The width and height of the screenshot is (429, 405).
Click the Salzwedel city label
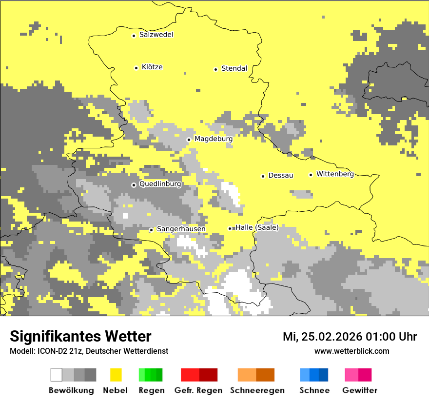point(156,35)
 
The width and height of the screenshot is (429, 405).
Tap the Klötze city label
point(152,67)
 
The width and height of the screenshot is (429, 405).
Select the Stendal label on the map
point(234,68)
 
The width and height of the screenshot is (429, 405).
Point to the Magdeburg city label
point(214,139)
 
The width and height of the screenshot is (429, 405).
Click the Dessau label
point(281,175)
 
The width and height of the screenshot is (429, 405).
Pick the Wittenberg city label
point(335,174)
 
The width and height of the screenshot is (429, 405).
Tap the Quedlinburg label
point(160,184)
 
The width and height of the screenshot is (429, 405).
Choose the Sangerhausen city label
point(181,229)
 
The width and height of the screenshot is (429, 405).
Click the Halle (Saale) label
point(257,227)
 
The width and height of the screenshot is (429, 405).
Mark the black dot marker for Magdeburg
point(189,140)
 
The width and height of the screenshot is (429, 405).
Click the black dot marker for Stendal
point(215,69)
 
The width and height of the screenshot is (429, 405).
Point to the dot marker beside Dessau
point(263,176)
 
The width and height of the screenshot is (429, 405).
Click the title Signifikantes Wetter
point(80,336)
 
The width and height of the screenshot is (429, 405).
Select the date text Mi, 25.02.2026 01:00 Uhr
point(350,337)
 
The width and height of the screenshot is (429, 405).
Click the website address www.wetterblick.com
point(351,351)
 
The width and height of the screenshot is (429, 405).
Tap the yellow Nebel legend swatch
point(116,375)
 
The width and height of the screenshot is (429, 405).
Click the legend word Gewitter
point(359,390)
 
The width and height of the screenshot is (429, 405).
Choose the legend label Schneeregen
point(257,390)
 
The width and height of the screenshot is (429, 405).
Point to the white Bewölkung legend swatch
point(57,375)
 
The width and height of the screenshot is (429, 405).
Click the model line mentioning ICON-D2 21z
point(89,351)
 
